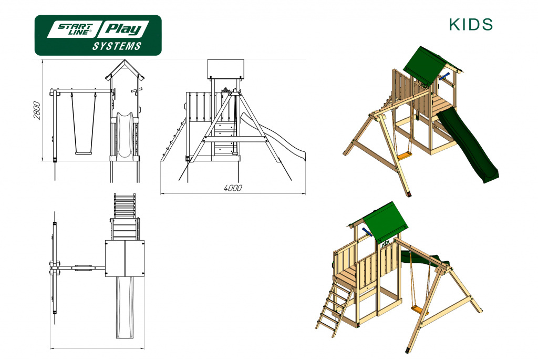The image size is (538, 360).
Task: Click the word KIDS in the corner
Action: click(471, 24)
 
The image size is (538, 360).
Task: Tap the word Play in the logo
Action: click(123, 29)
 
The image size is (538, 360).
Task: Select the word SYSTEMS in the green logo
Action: click(117, 46)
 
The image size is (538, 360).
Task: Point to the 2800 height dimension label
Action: click(37, 110)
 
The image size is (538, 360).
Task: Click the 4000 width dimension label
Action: click(233, 188)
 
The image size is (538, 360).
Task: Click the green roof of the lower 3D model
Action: click(384, 223)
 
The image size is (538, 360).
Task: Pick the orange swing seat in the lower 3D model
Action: click(420, 310)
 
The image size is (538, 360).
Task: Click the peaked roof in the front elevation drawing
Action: click(125, 70)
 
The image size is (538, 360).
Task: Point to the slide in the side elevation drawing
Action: click(272, 137)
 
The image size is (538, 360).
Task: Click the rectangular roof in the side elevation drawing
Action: click(226, 69)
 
